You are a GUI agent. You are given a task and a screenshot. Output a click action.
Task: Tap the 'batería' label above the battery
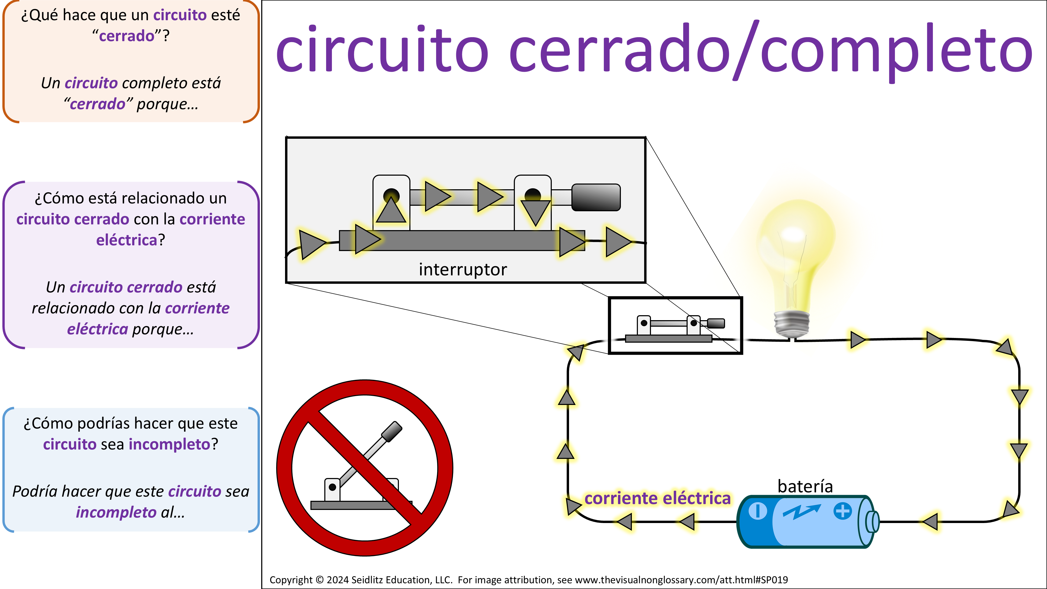pyautogui.click(x=805, y=486)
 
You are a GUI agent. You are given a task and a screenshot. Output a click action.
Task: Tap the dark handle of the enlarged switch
pyautogui.click(x=595, y=197)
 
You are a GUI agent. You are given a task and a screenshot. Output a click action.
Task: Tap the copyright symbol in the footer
pyautogui.click(x=319, y=580)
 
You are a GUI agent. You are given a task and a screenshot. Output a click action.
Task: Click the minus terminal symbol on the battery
pyautogui.click(x=757, y=511)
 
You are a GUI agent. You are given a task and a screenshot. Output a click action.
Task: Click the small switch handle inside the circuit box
pyautogui.click(x=716, y=323)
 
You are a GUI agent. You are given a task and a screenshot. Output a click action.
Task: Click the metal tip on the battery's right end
pyautogui.click(x=873, y=521)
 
